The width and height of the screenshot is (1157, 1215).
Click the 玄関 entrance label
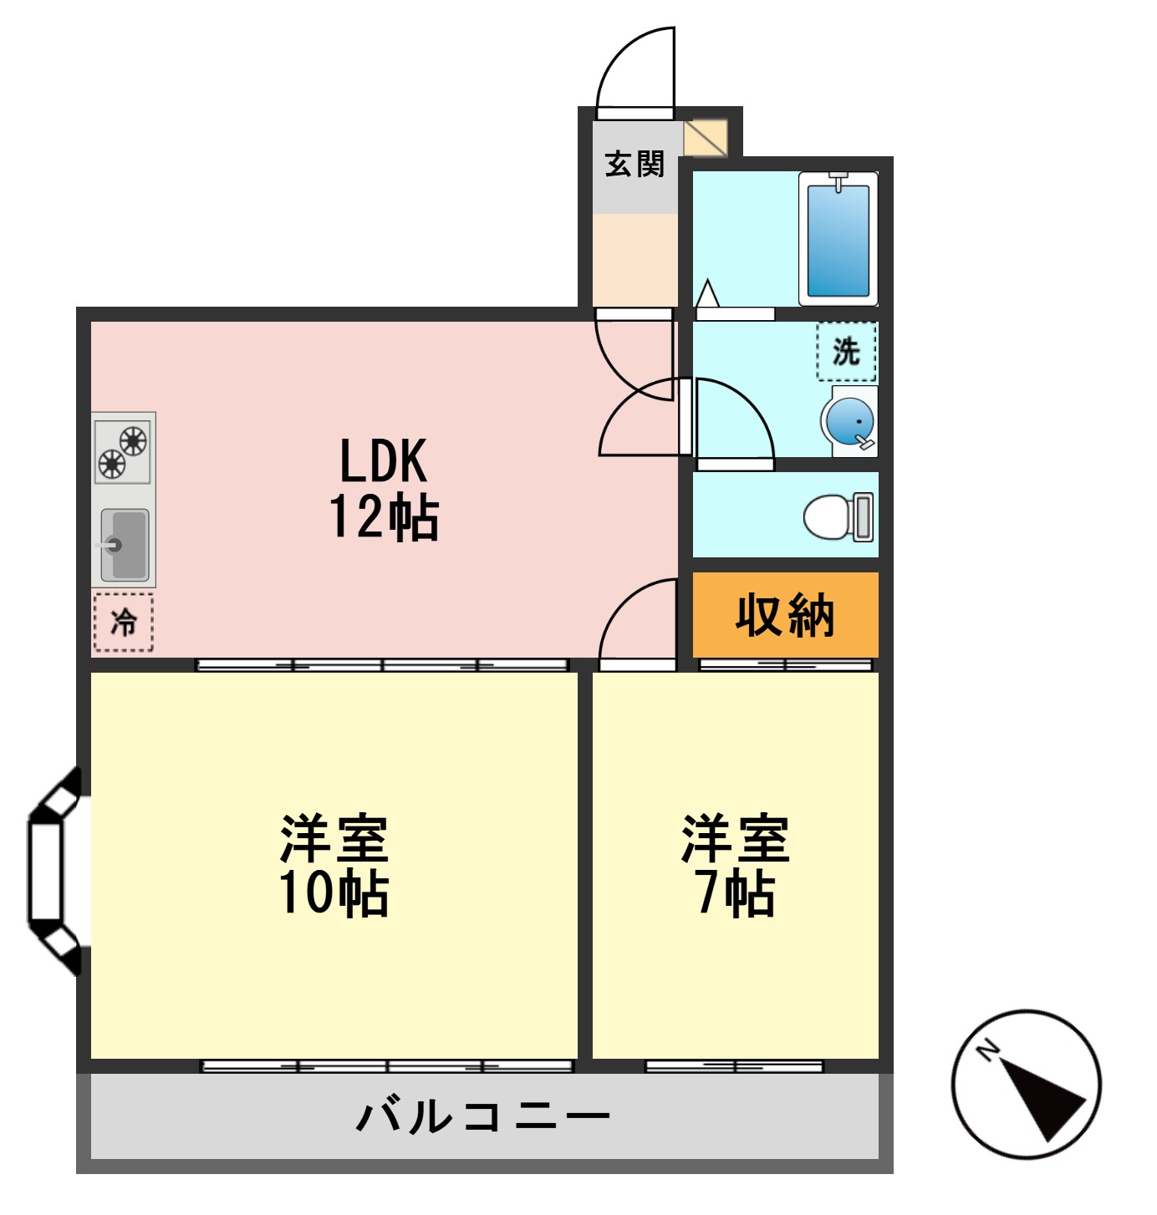point(635,164)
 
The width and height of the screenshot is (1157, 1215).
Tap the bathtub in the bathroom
point(838,239)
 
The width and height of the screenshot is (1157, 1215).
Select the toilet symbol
point(838,516)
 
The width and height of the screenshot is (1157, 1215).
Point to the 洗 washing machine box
point(846,352)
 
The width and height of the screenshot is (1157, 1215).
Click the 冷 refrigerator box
point(123,622)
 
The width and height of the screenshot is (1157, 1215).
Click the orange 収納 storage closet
point(785,615)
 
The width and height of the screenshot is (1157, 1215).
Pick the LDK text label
point(383,460)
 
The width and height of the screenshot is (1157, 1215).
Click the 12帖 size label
point(383,517)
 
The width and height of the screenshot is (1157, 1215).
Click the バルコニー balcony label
point(483,1116)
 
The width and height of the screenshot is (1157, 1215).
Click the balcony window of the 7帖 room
point(734,1066)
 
